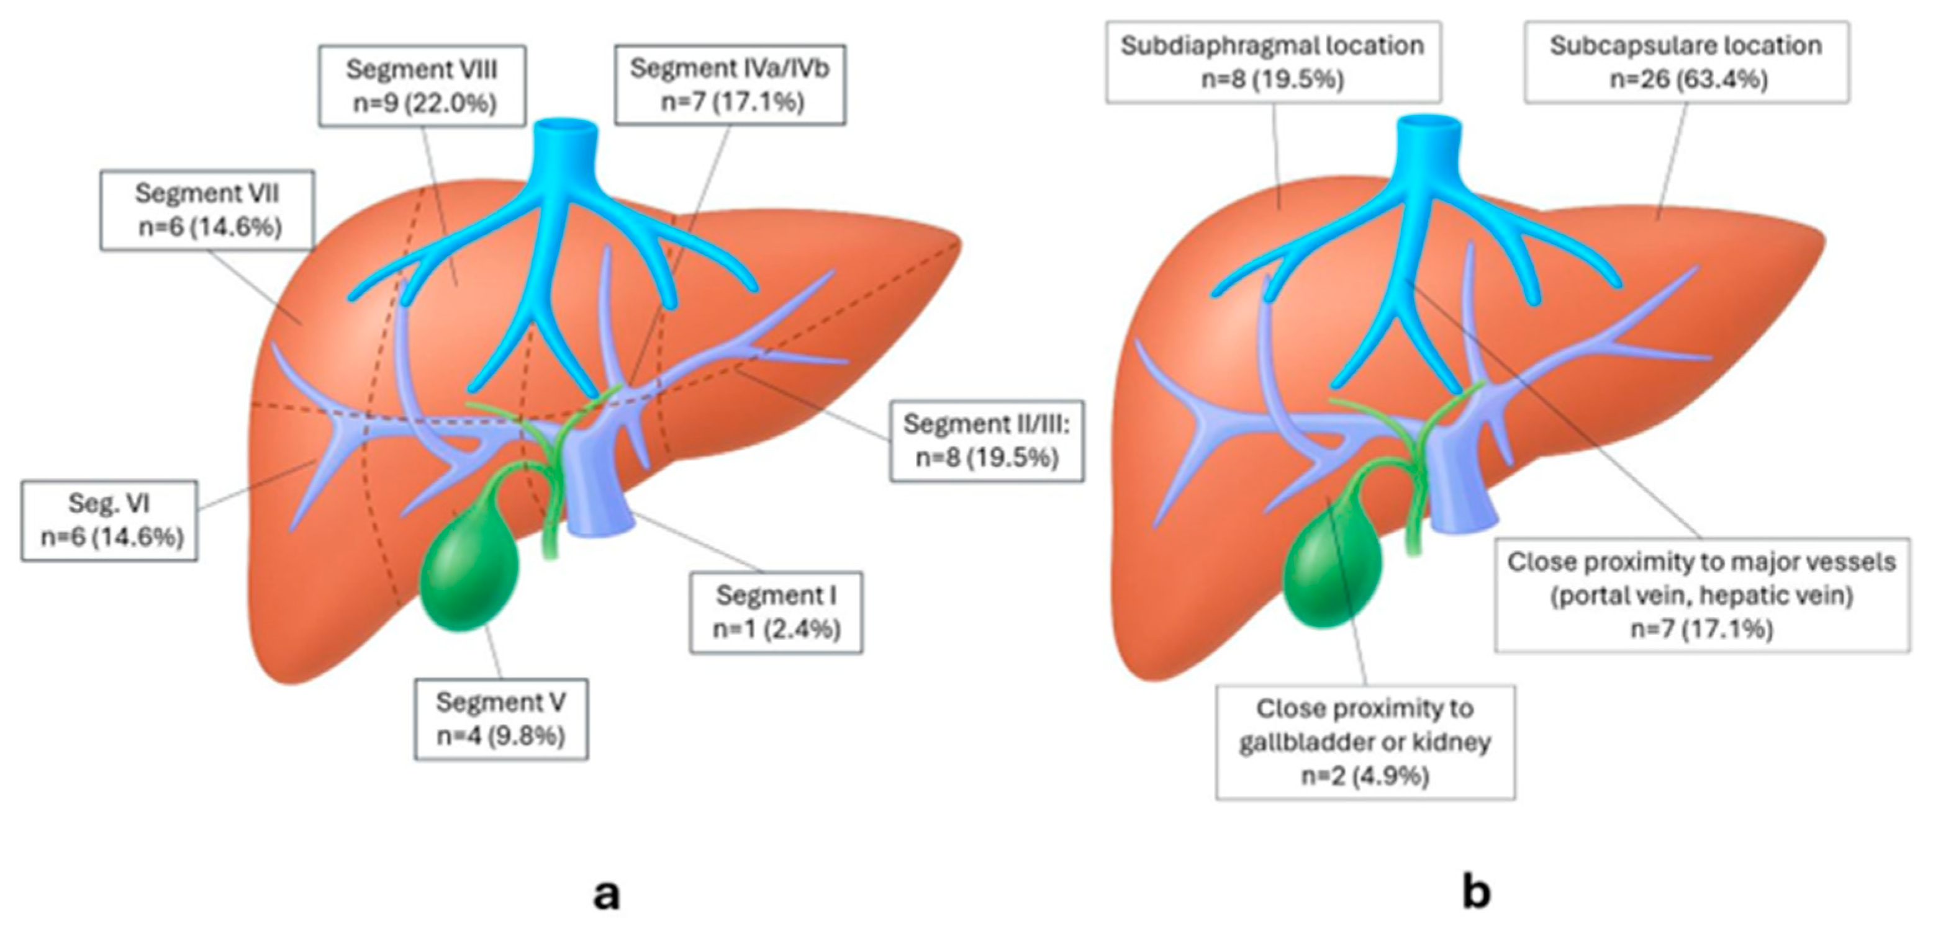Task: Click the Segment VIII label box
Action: tap(422, 86)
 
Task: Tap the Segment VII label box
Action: tap(208, 210)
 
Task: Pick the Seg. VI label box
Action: tap(109, 521)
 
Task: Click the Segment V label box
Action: tap(500, 719)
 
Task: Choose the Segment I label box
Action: tap(776, 612)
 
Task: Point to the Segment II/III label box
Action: tap(987, 440)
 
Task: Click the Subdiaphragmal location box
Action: tap(1273, 61)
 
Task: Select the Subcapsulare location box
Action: tap(1686, 61)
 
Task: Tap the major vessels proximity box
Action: tap(1702, 595)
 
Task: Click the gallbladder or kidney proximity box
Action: tap(1365, 742)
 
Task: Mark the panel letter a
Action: tap(606, 893)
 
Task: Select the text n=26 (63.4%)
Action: tap(1688, 78)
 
